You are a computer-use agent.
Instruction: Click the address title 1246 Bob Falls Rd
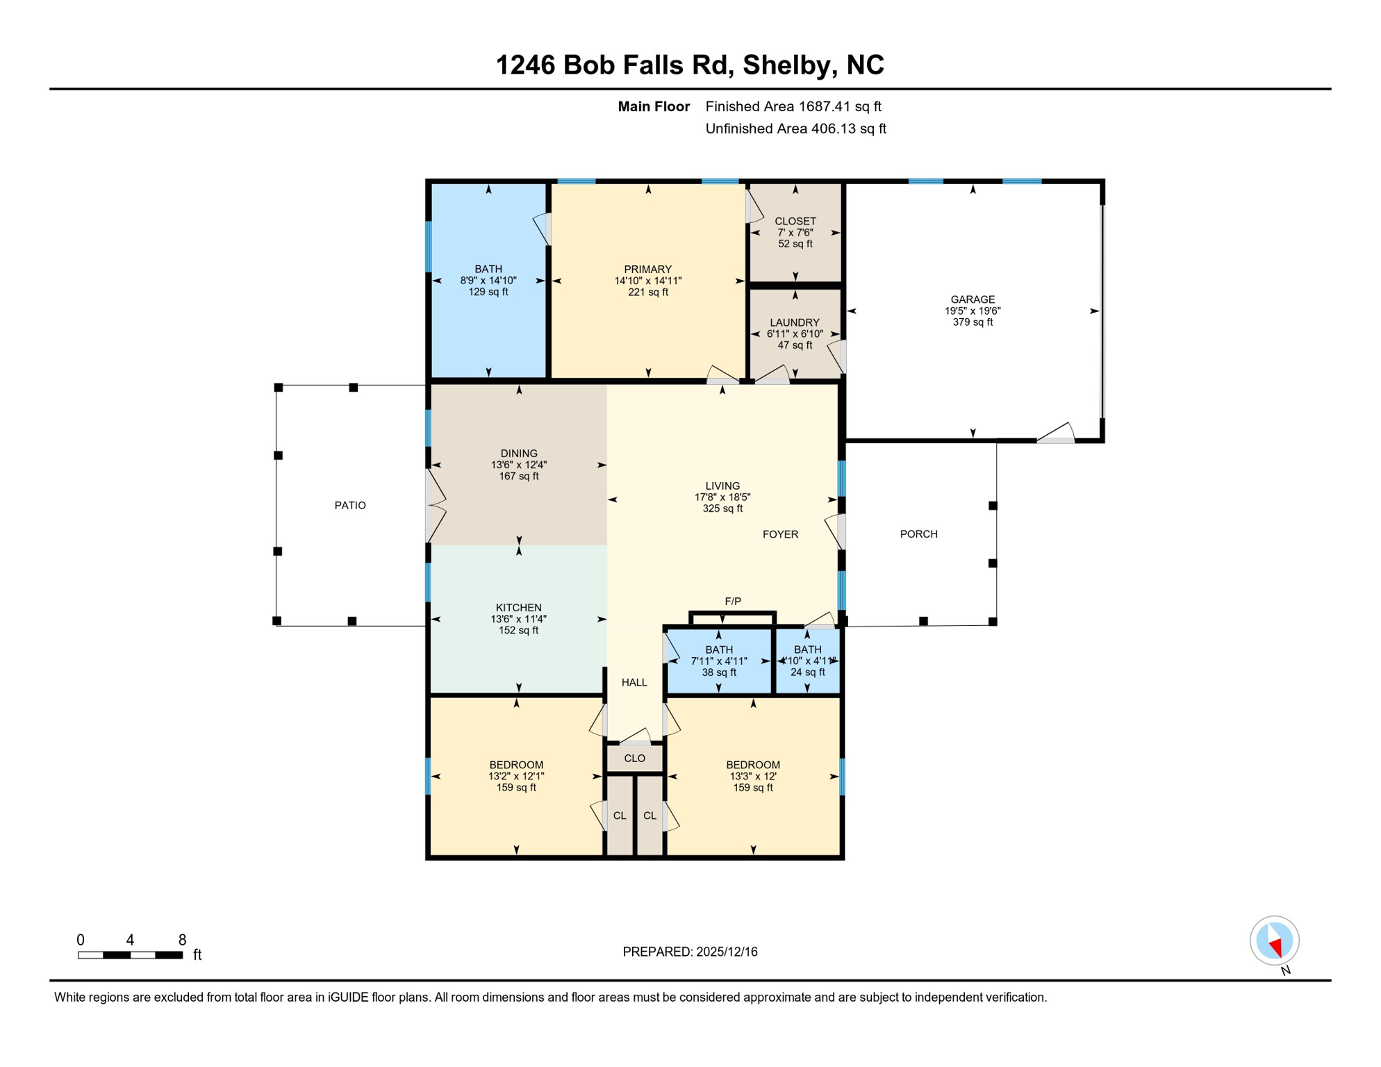pyautogui.click(x=689, y=65)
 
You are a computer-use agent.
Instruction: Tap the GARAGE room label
pyautogui.click(x=973, y=299)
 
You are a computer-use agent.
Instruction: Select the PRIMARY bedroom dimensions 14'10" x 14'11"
pyautogui.click(x=647, y=281)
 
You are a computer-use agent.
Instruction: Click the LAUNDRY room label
pyautogui.click(x=794, y=322)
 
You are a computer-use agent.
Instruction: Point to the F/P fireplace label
pyautogui.click(x=732, y=601)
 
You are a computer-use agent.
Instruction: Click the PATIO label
pyautogui.click(x=349, y=505)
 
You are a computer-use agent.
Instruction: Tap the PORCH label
pyautogui.click(x=918, y=533)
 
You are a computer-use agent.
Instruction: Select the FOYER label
pyautogui.click(x=780, y=533)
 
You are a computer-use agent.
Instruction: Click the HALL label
pyautogui.click(x=634, y=682)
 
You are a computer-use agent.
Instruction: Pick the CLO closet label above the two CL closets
pyautogui.click(x=634, y=758)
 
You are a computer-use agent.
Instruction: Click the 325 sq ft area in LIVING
pyautogui.click(x=722, y=508)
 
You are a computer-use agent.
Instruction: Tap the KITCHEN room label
pyautogui.click(x=518, y=607)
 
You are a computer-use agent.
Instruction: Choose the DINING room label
pyautogui.click(x=518, y=453)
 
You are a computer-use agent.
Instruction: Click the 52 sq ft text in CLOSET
pyautogui.click(x=795, y=244)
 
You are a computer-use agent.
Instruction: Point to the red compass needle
pyautogui.click(x=1276, y=946)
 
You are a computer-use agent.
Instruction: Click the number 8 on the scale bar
pyautogui.click(x=182, y=939)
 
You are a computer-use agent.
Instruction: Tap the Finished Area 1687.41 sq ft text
pyautogui.click(x=793, y=106)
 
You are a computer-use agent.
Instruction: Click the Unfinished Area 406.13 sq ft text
pyautogui.click(x=795, y=129)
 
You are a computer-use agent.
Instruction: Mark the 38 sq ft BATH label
pyautogui.click(x=718, y=672)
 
